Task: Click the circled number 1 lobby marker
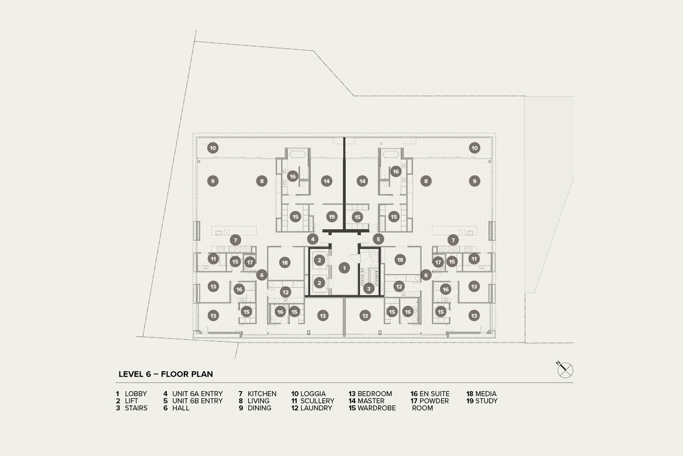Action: (344, 267)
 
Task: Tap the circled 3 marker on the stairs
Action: (369, 288)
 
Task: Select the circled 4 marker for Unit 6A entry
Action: (312, 239)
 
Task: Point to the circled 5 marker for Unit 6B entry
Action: (378, 239)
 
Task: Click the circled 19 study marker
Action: (332, 217)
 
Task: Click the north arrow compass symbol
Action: (565, 370)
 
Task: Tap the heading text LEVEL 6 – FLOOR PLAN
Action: (166, 374)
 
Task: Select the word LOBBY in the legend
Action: (135, 394)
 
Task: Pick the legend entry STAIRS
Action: (136, 408)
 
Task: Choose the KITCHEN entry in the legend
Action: (262, 394)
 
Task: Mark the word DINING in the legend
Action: (260, 408)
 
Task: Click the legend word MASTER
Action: (371, 401)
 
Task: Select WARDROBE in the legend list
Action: (376, 408)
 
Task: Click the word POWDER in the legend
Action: (435, 401)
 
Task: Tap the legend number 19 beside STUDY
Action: (470, 401)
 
